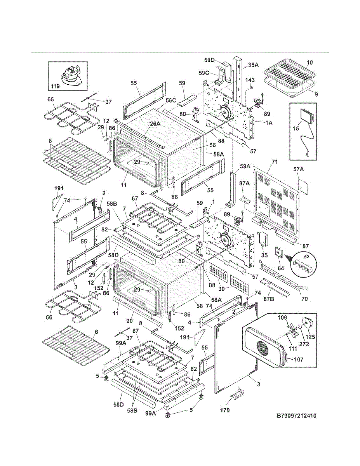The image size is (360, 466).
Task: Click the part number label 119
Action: click(x=55, y=87)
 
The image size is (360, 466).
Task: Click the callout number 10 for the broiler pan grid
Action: click(x=310, y=63)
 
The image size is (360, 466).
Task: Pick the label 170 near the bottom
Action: click(x=225, y=410)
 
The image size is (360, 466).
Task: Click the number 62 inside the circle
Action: click(x=307, y=257)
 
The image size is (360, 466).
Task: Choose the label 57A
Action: click(x=299, y=170)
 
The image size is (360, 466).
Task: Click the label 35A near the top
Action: click(x=254, y=65)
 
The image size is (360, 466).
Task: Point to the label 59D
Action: click(x=209, y=60)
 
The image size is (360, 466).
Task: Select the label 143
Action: click(x=250, y=80)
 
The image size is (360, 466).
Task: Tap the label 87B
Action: click(x=269, y=299)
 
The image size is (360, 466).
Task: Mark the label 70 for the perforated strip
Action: click(x=304, y=299)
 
